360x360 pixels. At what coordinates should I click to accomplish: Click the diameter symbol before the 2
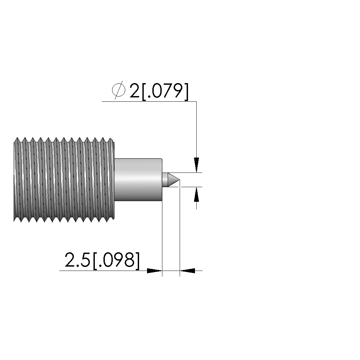pos(119,90)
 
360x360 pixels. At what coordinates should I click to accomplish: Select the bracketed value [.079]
pos(165,91)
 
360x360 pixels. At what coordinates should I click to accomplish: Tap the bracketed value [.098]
pos(116,261)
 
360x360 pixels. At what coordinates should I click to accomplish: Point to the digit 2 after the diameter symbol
pos(135,90)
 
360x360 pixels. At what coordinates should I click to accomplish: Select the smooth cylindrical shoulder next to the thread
pos(138,180)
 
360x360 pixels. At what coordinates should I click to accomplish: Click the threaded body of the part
pos(64,180)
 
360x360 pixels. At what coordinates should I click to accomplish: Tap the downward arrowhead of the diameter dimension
pos(196,165)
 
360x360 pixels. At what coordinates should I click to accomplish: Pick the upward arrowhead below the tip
pos(196,194)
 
